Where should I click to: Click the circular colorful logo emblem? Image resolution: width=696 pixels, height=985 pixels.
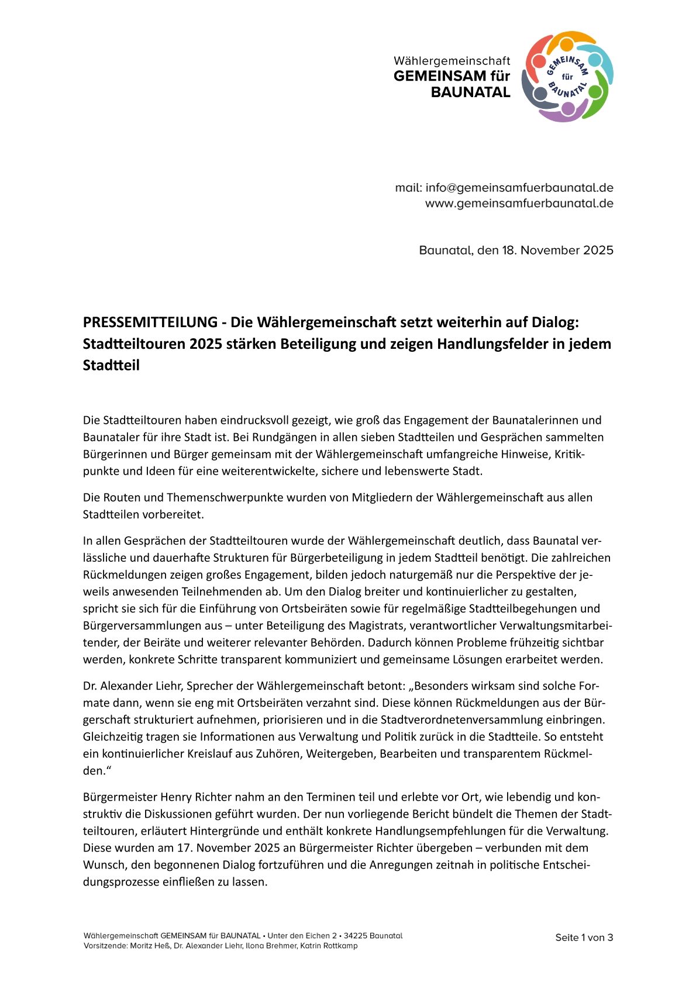point(567,77)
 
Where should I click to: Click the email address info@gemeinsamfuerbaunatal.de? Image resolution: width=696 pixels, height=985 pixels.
point(519,188)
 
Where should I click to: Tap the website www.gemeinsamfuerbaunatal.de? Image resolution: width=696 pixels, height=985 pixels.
point(519,204)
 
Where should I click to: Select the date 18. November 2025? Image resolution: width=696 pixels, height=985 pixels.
point(557,250)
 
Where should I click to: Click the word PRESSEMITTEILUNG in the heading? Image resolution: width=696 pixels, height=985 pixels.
point(150,322)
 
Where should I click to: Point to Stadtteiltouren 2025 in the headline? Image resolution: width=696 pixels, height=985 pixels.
point(152,344)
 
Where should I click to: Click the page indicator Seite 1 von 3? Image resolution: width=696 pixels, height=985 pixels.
point(584,938)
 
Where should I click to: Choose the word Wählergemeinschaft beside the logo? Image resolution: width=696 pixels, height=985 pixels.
point(452,61)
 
